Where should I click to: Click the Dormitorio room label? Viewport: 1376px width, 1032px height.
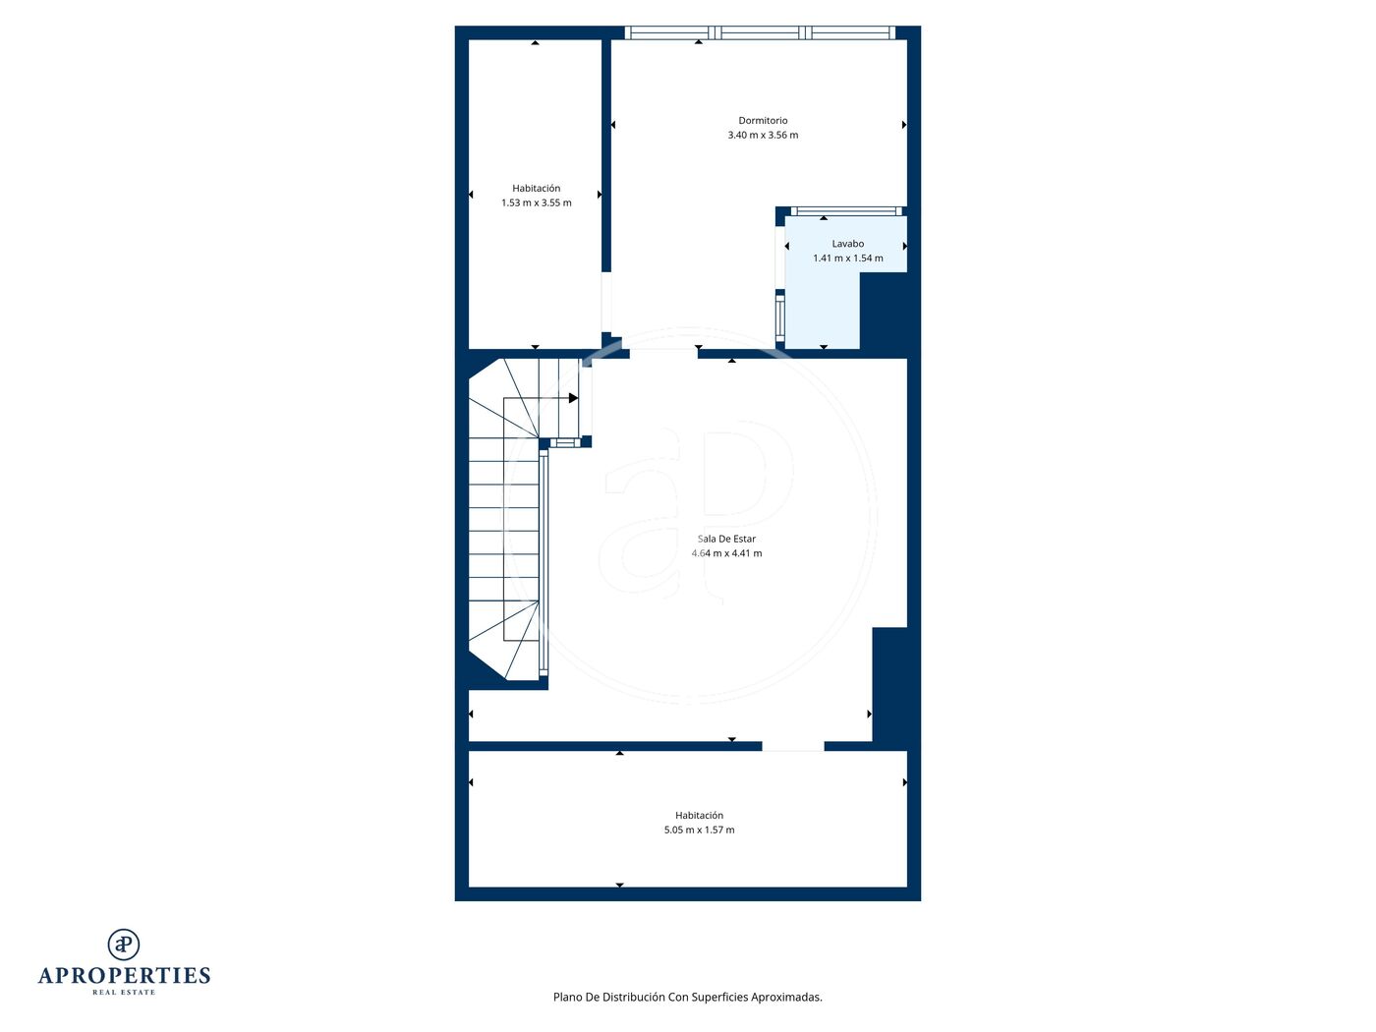[x=763, y=120]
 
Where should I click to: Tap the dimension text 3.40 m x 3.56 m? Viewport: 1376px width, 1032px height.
[x=763, y=135]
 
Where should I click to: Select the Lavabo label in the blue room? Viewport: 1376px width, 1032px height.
[x=847, y=244]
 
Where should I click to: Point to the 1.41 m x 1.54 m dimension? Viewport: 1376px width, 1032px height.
[x=847, y=258]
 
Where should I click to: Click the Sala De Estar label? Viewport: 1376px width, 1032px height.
[x=726, y=539]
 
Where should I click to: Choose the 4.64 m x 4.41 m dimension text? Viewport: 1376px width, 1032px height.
[x=726, y=553]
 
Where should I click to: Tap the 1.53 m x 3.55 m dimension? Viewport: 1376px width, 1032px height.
[x=536, y=203]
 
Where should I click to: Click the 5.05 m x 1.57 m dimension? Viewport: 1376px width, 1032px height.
[x=699, y=831]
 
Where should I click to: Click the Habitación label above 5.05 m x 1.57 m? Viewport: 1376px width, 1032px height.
[x=699, y=816]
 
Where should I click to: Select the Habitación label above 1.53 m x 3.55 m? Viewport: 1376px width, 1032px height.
[x=536, y=188]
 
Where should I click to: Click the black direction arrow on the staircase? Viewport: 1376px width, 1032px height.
[x=573, y=398]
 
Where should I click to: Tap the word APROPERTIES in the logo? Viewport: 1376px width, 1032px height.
[x=124, y=976]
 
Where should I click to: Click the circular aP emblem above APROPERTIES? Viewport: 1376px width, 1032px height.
[x=124, y=945]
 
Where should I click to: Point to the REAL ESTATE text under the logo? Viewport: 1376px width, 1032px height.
[x=124, y=993]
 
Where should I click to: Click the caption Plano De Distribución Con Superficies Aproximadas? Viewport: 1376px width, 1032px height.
[x=687, y=997]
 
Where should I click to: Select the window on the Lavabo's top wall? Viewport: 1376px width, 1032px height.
[x=846, y=211]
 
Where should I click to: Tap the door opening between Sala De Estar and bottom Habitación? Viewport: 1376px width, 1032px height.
[x=792, y=746]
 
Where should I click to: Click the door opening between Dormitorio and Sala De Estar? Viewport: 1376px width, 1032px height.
[x=663, y=354]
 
